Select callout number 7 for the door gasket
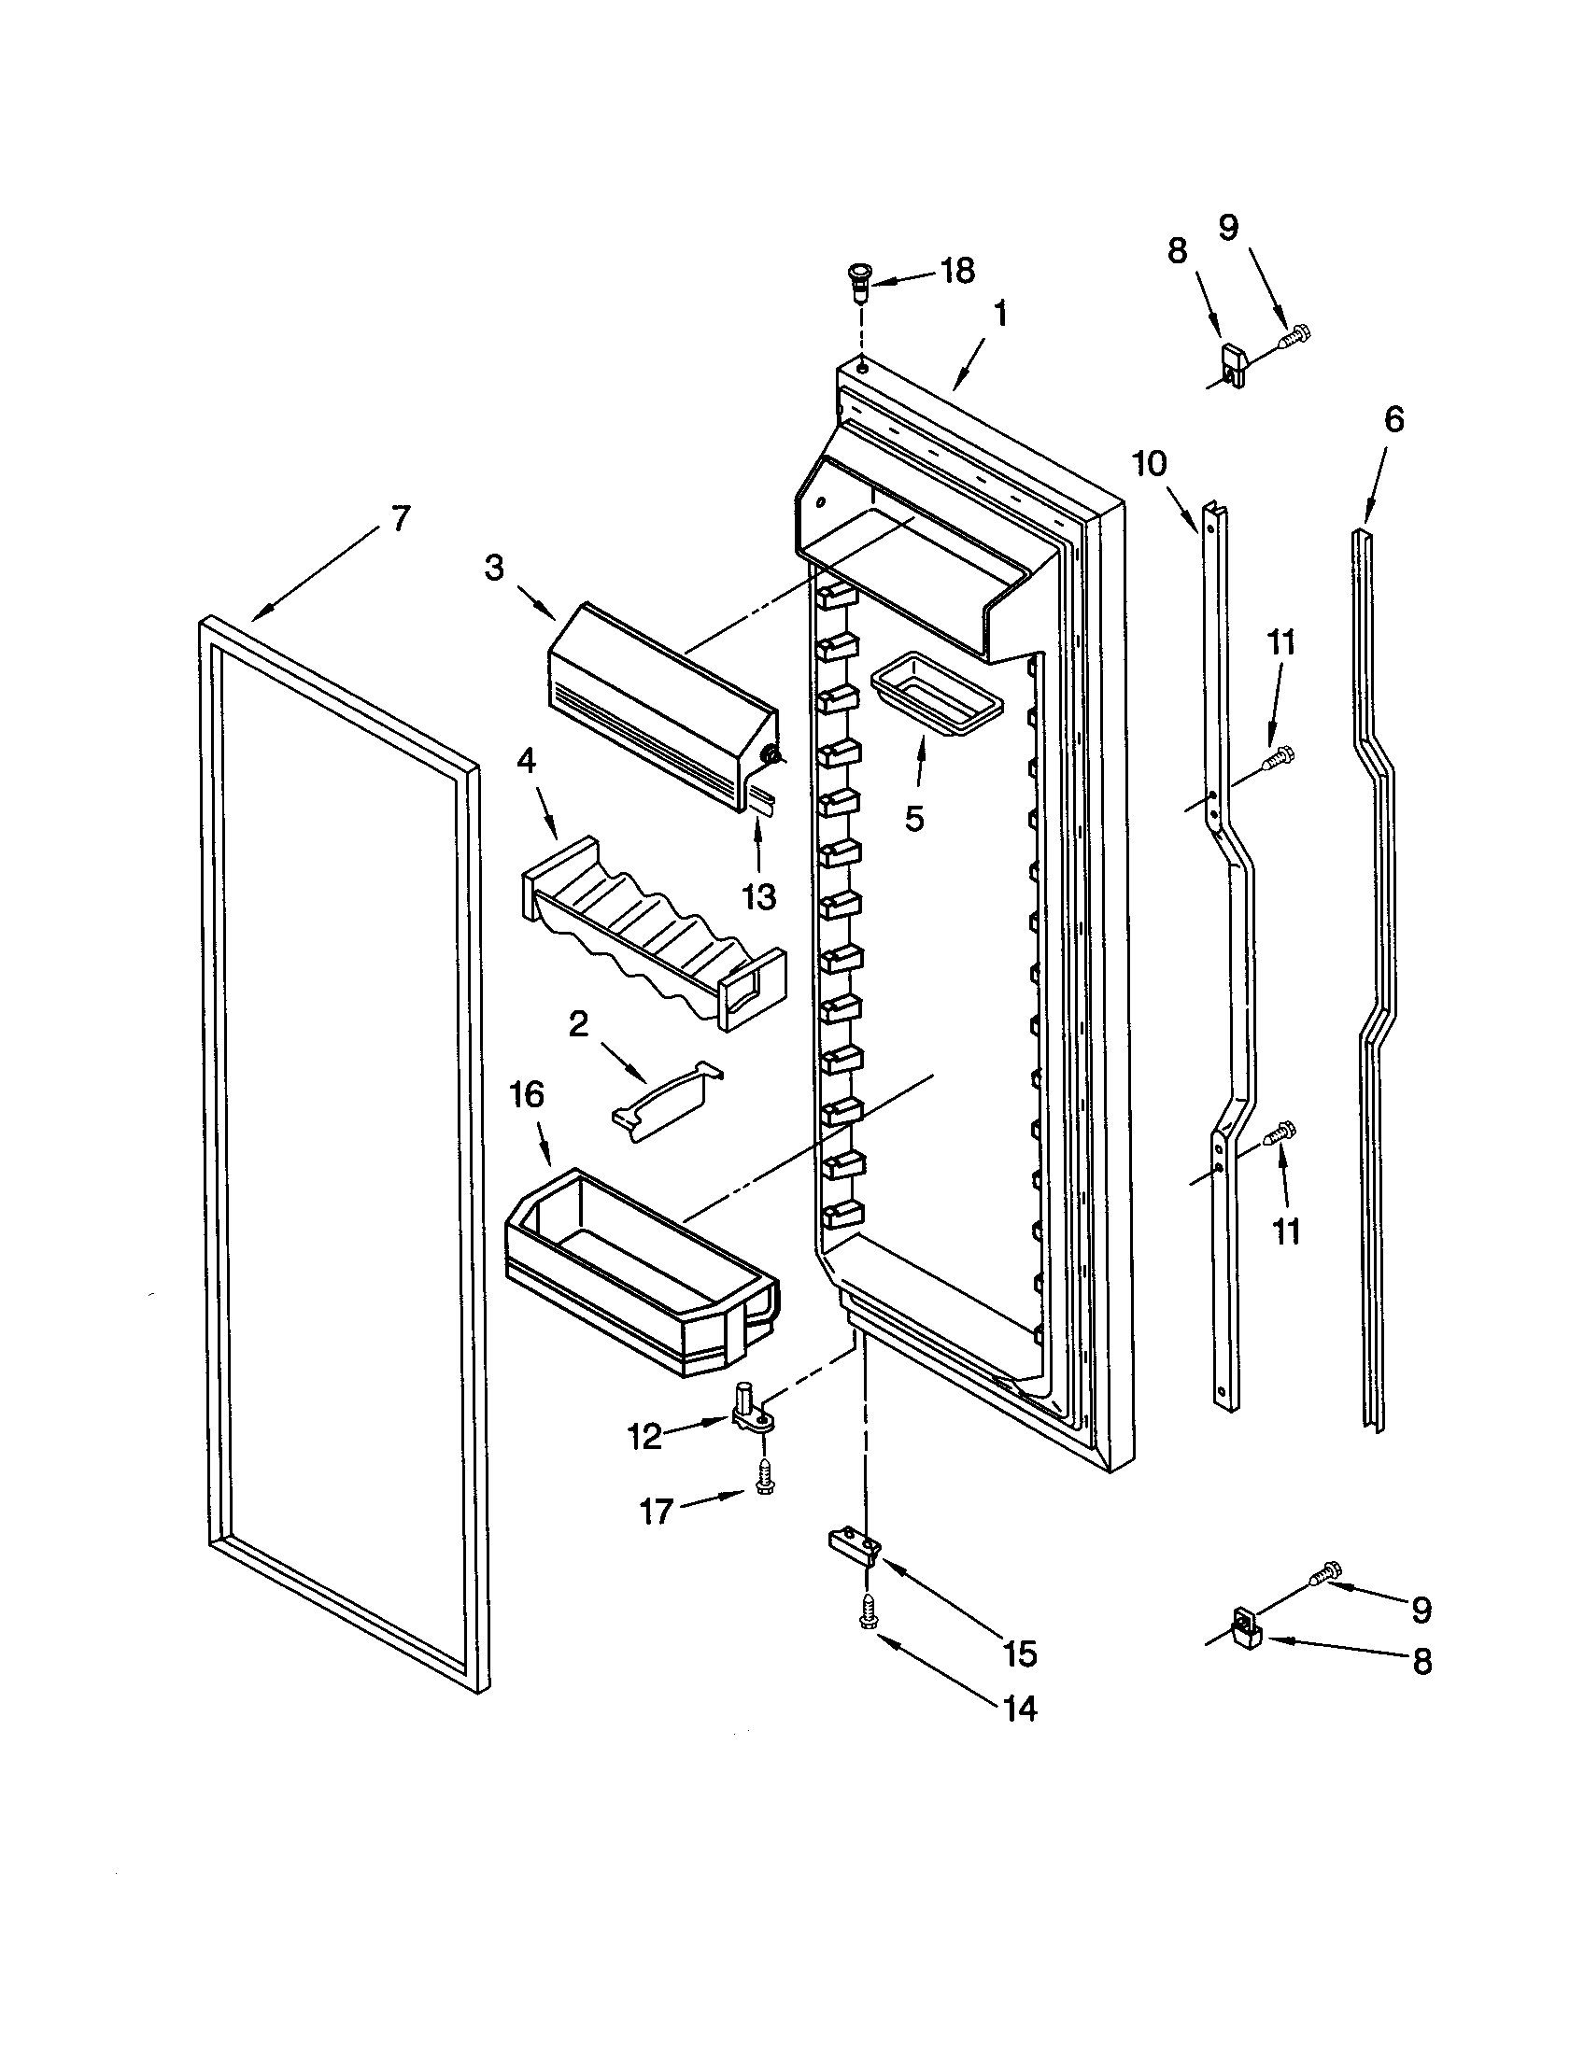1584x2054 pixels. pos(401,518)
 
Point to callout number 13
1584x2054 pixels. pos(758,896)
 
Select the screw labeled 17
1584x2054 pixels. pos(764,1487)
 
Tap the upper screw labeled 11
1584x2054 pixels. pos(1280,755)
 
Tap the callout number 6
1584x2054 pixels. pos(1393,419)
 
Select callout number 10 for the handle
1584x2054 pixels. pos(1150,464)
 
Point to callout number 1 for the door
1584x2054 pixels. pos(1000,314)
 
